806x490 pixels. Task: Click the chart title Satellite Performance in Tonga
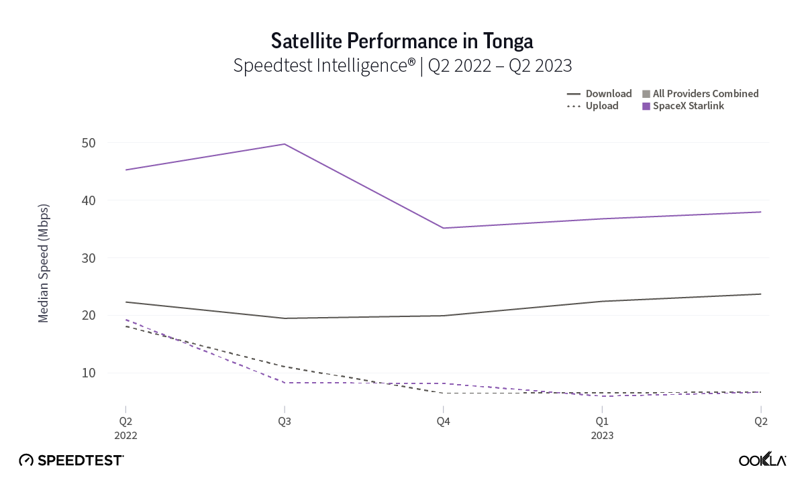tap(402, 42)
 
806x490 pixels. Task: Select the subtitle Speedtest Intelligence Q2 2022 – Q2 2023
tap(402, 66)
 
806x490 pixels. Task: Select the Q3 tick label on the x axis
tap(284, 422)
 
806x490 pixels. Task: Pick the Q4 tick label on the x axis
tap(443, 422)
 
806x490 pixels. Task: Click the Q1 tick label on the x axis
tap(602, 422)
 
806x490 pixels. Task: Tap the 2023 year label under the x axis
tap(602, 435)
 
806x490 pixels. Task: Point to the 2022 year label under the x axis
tap(125, 435)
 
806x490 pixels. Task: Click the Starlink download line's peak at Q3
tap(284, 144)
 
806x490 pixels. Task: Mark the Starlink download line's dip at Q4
tap(443, 228)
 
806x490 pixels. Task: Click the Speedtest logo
tap(71, 461)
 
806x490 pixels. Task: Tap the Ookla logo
tap(762, 460)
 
